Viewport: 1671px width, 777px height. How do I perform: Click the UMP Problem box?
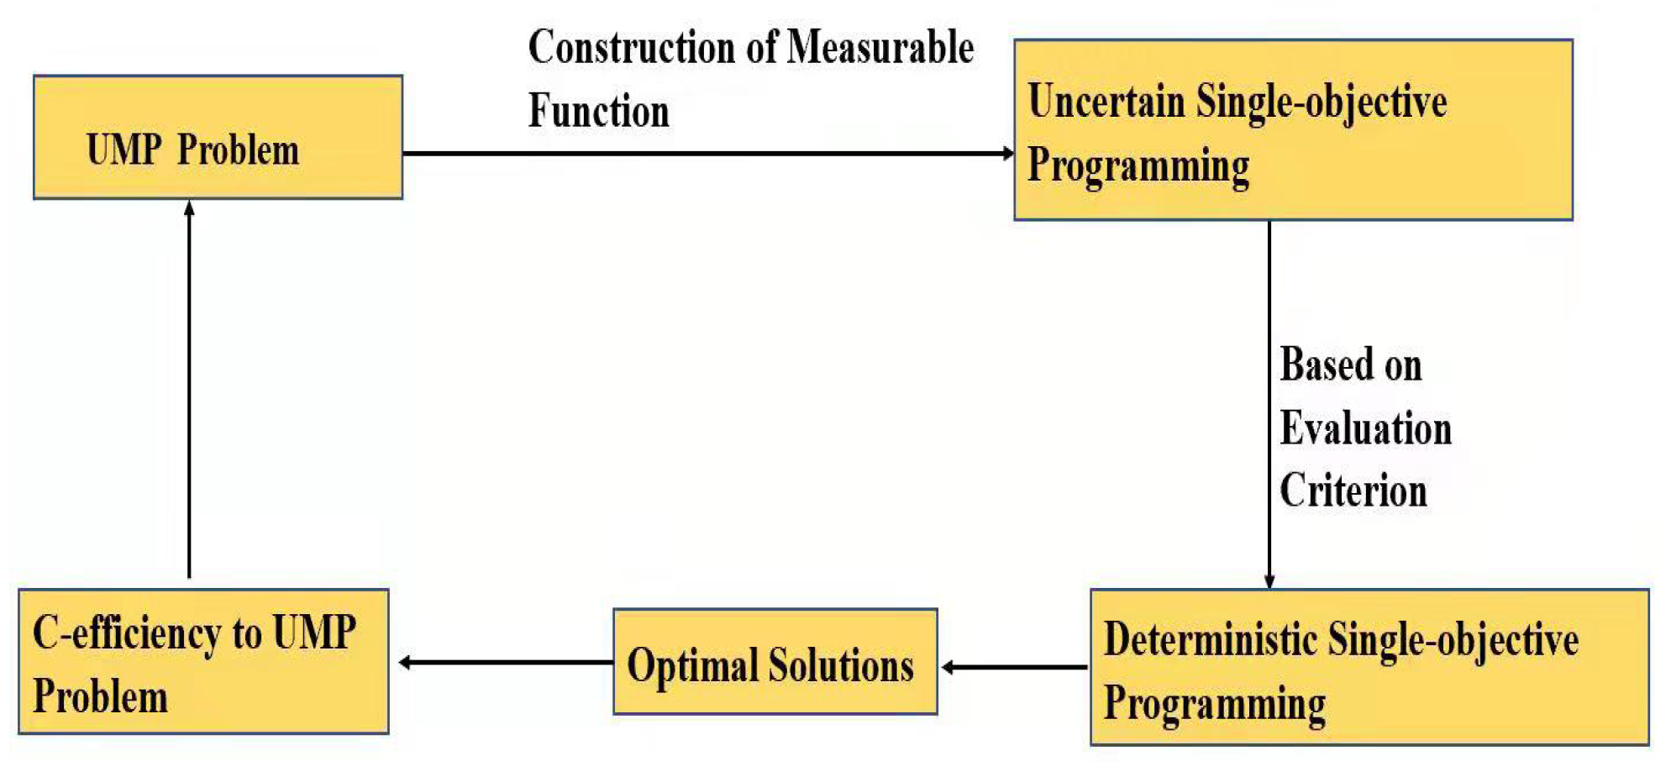(x=218, y=137)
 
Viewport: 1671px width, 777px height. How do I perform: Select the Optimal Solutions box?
(x=775, y=662)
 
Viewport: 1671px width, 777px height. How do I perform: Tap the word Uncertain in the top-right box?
(x=1106, y=102)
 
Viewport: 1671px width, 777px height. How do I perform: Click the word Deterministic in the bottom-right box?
(x=1210, y=639)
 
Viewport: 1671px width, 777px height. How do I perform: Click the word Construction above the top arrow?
(x=632, y=47)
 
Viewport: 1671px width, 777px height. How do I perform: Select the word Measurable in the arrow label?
(x=880, y=47)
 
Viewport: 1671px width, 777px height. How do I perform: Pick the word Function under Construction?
(x=598, y=111)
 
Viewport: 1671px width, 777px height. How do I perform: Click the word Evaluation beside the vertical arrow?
(x=1365, y=428)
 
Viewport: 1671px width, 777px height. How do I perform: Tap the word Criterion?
(x=1353, y=491)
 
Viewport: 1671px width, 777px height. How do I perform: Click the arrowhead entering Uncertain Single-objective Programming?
(x=1008, y=153)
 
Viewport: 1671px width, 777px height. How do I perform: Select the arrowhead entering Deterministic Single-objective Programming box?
(x=1269, y=581)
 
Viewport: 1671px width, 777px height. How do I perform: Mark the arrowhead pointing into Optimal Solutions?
(x=948, y=667)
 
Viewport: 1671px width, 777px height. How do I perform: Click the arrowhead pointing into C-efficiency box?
(x=405, y=663)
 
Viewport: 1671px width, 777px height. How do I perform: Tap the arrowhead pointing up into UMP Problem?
(x=189, y=207)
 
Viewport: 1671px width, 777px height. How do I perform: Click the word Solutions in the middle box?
(x=841, y=665)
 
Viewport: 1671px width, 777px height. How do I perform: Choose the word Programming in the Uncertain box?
(x=1138, y=165)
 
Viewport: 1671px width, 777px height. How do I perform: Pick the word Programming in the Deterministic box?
(x=1214, y=703)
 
